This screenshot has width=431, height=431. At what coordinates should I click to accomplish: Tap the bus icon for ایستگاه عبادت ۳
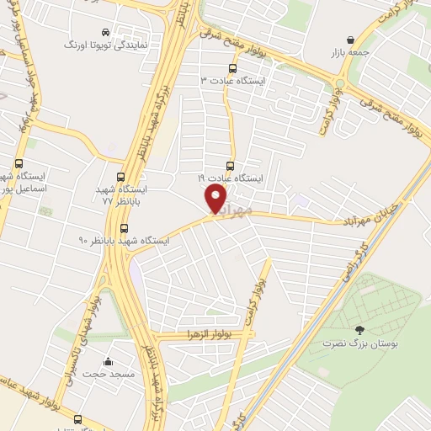click(x=232, y=68)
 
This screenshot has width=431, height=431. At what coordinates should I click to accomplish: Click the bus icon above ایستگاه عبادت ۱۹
click(x=231, y=166)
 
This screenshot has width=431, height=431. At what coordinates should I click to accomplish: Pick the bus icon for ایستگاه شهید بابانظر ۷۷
click(x=121, y=178)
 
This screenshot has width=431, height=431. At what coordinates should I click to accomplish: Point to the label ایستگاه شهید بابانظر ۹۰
click(x=124, y=241)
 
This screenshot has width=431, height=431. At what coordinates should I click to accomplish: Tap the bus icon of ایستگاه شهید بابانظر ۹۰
click(x=125, y=228)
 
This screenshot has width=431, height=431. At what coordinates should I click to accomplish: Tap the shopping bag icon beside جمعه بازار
click(x=350, y=40)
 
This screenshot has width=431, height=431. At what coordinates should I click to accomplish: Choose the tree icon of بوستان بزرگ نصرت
click(x=360, y=330)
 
